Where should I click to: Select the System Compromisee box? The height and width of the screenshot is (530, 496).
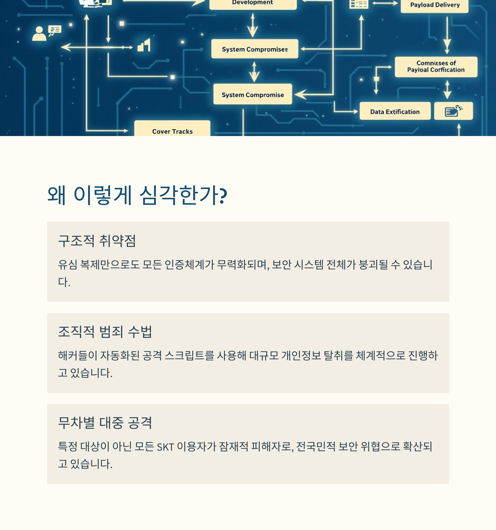[x=255, y=49]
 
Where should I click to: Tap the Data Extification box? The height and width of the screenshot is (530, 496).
[x=395, y=111]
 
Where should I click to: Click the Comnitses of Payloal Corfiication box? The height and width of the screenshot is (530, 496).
[x=436, y=67]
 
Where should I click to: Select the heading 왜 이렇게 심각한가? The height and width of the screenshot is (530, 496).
[x=137, y=195]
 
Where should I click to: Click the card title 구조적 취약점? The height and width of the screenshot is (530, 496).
[x=97, y=241]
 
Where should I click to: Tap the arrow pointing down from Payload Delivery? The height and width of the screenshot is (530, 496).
[x=447, y=35]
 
